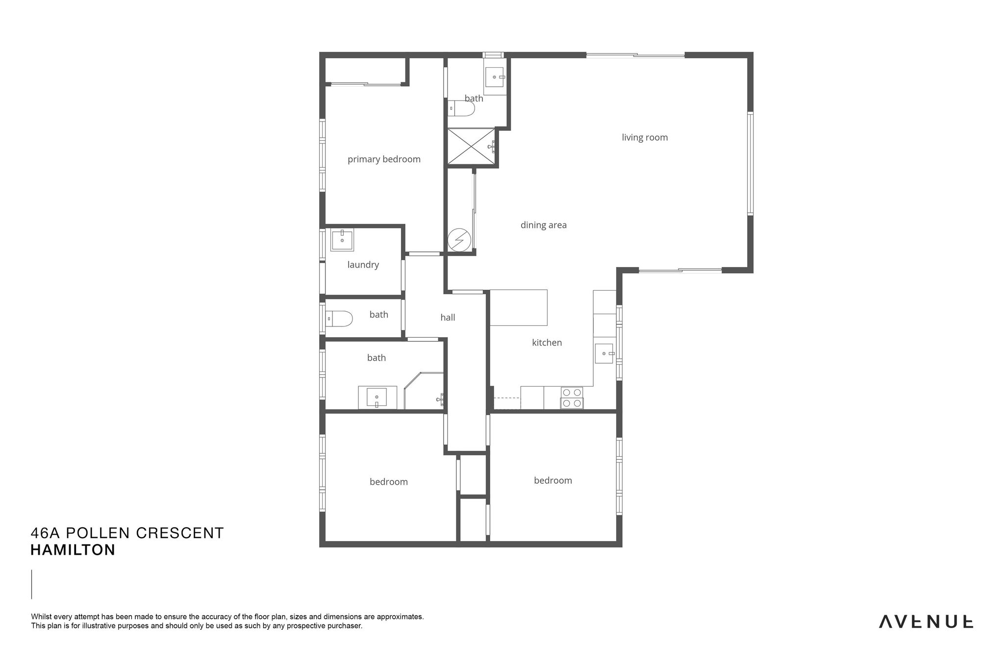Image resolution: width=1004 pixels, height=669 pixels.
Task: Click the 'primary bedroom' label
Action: [x=384, y=159]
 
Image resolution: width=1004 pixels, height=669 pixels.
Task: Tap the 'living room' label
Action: [x=645, y=138]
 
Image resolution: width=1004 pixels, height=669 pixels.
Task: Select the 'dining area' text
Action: [x=543, y=225]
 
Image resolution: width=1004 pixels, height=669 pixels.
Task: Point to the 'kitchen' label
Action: [x=547, y=343]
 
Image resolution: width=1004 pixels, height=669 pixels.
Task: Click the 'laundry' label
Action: [x=363, y=265]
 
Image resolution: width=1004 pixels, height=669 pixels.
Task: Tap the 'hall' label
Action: [x=448, y=318]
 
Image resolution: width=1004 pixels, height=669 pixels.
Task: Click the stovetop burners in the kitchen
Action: [x=572, y=397]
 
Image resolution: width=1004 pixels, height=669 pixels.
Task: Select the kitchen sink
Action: [x=604, y=353]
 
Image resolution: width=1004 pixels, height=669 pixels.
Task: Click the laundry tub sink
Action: [x=342, y=240]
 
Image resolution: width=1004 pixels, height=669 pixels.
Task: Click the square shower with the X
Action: [x=471, y=146]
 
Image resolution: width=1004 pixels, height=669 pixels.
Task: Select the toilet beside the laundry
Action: [x=339, y=319]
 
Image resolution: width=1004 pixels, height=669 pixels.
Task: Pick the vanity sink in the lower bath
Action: [x=376, y=397]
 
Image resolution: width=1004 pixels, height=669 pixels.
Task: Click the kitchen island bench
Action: [x=519, y=308]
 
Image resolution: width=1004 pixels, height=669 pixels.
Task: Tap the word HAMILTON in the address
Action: [x=73, y=550]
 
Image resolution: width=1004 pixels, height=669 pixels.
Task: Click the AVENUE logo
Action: [x=926, y=622]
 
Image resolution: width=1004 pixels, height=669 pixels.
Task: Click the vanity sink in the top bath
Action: [x=495, y=76]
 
